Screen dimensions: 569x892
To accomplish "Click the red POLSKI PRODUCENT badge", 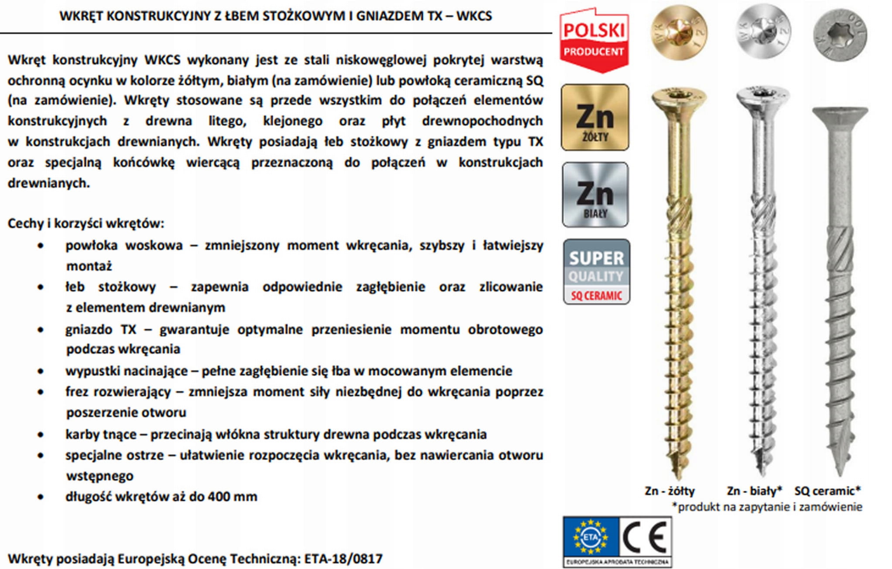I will pos(594,40).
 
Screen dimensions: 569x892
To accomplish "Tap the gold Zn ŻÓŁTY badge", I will pos(595,118).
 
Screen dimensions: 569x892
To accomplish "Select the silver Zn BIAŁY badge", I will pos(595,195).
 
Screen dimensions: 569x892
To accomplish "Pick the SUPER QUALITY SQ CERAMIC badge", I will pos(596,272).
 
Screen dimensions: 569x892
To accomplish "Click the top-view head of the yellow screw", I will pos(679,33).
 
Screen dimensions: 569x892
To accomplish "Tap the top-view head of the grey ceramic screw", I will pos(840,34).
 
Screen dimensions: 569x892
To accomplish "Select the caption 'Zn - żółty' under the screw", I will pos(669,491).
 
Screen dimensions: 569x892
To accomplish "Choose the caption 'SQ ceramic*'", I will pos(828,491).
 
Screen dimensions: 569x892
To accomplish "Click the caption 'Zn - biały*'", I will pos(754,491).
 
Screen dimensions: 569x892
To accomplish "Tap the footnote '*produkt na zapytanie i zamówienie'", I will pos(767,507).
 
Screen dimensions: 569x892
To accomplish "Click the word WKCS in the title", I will pos(474,16).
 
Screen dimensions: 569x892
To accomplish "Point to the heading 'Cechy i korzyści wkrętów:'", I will pos(86,223).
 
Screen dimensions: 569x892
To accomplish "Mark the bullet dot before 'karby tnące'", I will pos(41,434).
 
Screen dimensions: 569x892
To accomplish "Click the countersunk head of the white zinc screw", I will pos(762,97).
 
